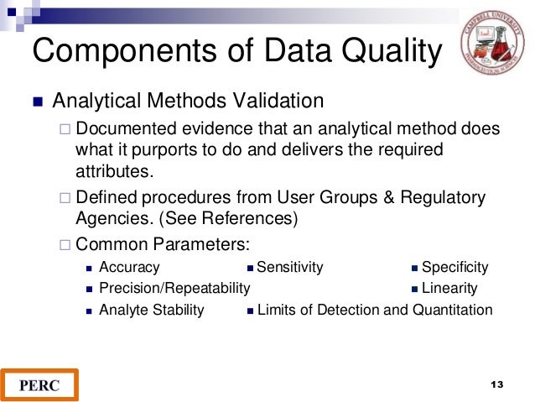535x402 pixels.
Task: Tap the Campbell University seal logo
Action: pos(491,42)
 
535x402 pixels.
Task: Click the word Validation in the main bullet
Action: pos(275,102)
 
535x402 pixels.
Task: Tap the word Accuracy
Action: pos(129,267)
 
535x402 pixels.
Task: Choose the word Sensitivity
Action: pos(289,267)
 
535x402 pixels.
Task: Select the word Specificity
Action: pos(454,267)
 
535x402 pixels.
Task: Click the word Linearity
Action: pos(449,288)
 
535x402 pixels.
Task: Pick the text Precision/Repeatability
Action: pos(174,288)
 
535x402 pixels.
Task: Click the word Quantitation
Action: pos(452,310)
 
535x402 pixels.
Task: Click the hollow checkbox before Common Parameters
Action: pos(65,245)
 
